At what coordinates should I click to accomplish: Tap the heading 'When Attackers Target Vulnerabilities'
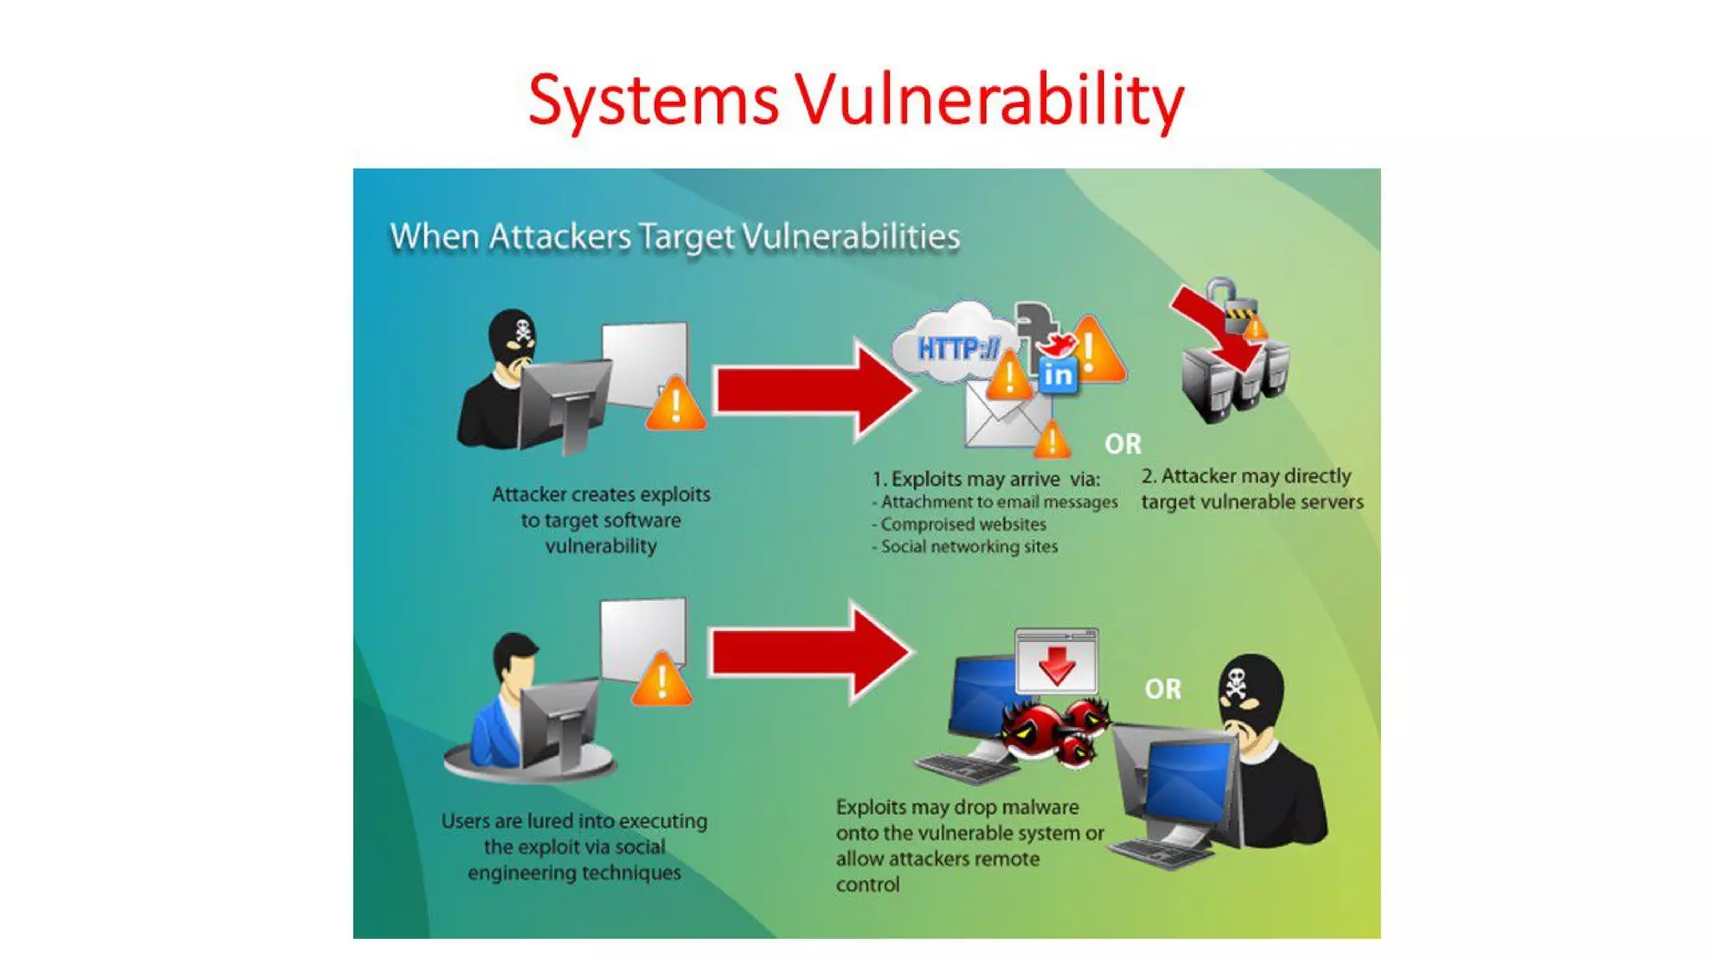click(x=674, y=237)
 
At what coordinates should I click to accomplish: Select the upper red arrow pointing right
click(x=811, y=390)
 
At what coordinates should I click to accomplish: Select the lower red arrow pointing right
click(x=807, y=653)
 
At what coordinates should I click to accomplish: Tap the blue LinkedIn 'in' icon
click(x=1057, y=375)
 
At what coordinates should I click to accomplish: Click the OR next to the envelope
click(x=1122, y=444)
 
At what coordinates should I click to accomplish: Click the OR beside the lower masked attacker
click(x=1163, y=689)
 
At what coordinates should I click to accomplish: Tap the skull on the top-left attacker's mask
click(x=523, y=329)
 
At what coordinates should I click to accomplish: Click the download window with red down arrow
click(x=1056, y=660)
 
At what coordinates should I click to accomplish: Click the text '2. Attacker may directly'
click(x=1246, y=476)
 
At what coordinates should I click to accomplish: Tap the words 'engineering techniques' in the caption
click(x=574, y=873)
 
